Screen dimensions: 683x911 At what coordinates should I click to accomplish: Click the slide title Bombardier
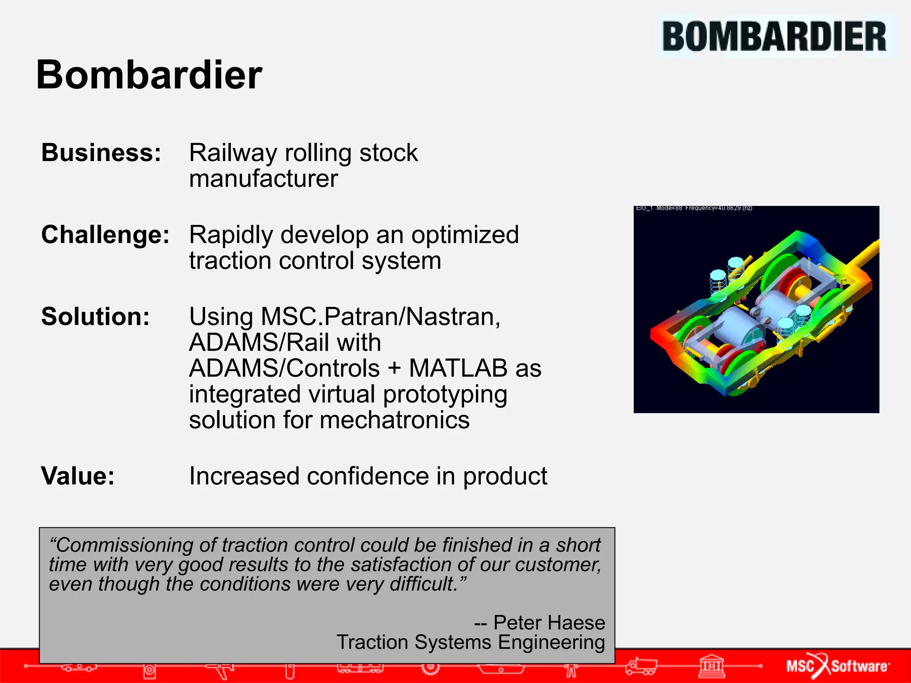pos(149,75)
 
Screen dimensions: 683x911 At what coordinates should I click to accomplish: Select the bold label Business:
pos(101,153)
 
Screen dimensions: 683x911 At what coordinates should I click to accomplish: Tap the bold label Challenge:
pos(105,234)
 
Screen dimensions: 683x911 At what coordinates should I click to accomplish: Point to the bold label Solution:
pos(95,317)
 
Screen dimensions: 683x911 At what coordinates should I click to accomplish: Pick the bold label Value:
pos(78,476)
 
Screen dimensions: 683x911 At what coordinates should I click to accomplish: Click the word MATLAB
pos(458,368)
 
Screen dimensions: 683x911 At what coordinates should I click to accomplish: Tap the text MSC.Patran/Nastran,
pos(345,317)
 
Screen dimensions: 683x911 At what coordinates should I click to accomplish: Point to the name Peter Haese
pos(549,623)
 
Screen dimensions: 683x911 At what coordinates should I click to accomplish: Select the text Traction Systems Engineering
pos(471,642)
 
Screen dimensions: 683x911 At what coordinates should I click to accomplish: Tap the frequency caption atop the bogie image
pos(694,208)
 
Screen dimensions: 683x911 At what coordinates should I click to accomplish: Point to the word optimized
pos(464,234)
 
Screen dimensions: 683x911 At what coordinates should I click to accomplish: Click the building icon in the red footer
pos(712,666)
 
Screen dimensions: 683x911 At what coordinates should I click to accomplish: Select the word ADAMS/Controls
pos(284,368)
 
